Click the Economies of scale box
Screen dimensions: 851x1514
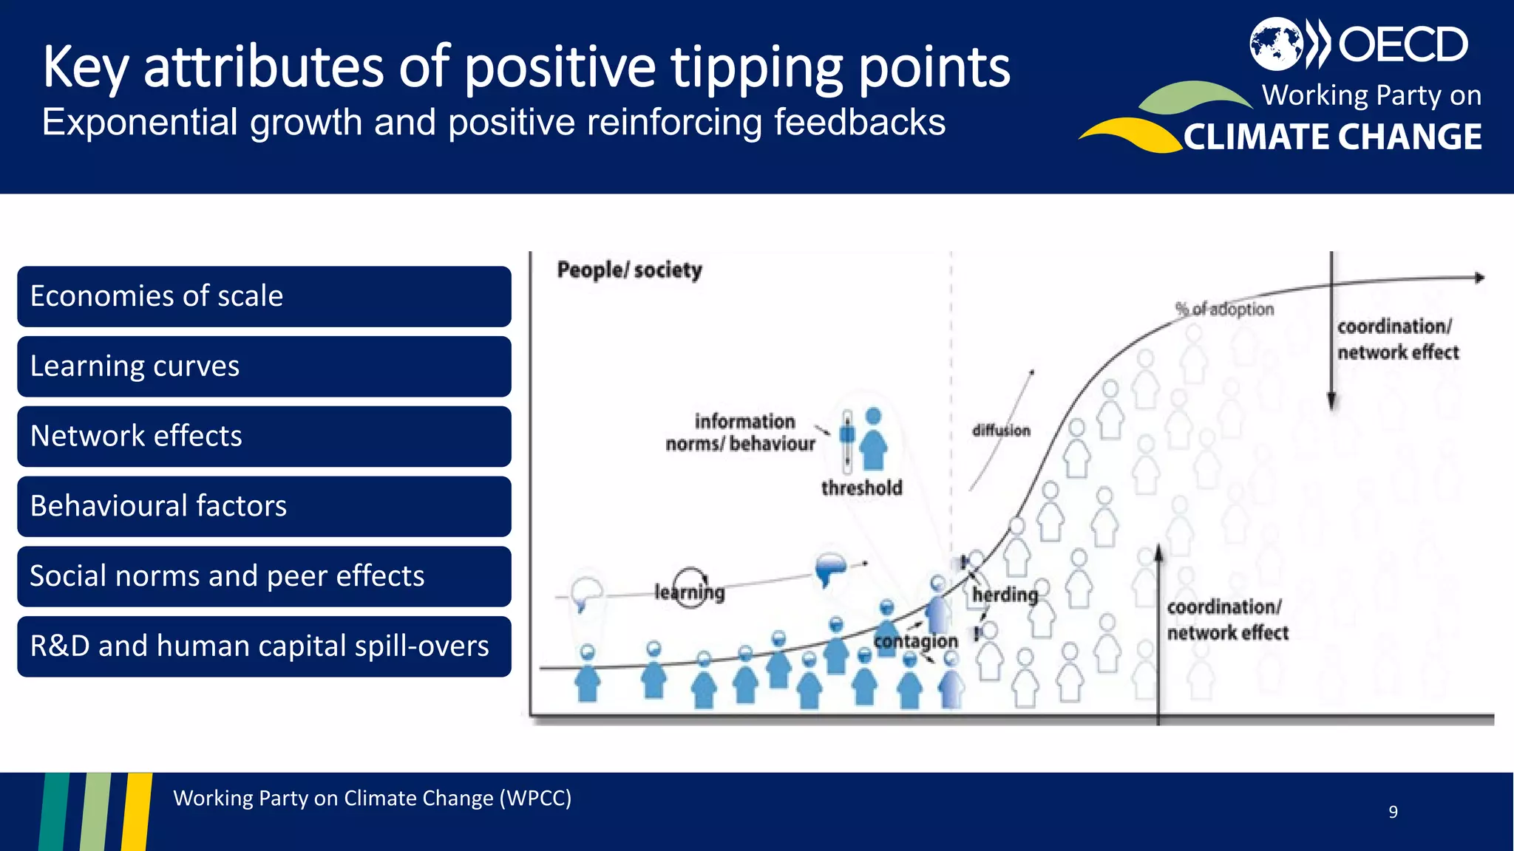tap(264, 296)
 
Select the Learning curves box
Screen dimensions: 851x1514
tap(264, 366)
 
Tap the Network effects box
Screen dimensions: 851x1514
tap(264, 437)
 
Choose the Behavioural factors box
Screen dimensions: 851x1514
tap(264, 507)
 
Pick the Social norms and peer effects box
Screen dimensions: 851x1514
tap(264, 576)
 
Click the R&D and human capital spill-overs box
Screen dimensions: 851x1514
tap(264, 646)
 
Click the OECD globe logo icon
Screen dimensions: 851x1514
tap(1276, 44)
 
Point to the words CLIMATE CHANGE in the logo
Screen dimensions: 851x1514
tap(1332, 137)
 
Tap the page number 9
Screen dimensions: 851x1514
tap(1393, 812)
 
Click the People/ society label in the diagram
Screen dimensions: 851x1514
tap(629, 270)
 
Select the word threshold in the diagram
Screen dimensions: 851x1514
tap(861, 488)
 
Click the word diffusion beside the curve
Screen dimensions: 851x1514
tap(1001, 431)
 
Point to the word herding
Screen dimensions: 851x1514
tap(1005, 595)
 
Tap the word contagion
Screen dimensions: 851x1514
tap(915, 641)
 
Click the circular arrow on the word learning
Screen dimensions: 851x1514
tap(690, 587)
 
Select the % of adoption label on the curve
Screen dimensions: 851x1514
tap(1225, 310)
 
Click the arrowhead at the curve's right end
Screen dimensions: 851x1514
tap(1479, 278)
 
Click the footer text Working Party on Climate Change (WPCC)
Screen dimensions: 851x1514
tap(372, 799)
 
